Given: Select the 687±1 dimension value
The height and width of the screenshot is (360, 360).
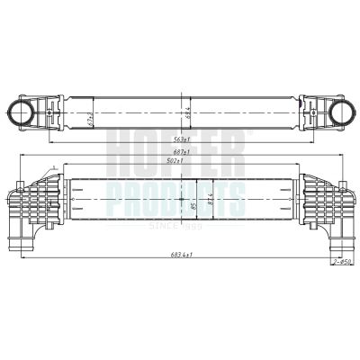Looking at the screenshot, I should (x=184, y=151).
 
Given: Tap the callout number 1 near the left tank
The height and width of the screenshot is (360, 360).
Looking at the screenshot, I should (x=54, y=167).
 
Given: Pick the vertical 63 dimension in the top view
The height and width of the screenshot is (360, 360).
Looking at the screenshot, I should (x=186, y=112).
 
